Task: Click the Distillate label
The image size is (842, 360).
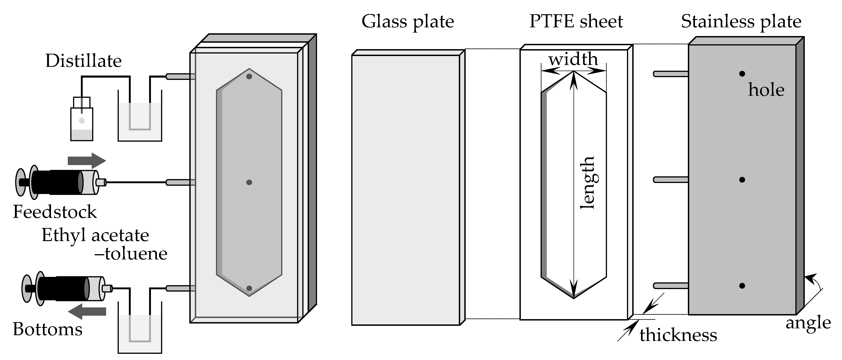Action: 83,61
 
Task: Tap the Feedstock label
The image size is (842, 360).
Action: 55,212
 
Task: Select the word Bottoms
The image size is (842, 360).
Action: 48,329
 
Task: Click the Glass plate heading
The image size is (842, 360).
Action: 408,22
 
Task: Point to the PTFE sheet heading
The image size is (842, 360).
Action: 576,22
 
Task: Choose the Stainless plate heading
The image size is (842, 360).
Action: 741,22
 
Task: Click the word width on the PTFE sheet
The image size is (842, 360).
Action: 573,59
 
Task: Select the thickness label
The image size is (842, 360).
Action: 678,335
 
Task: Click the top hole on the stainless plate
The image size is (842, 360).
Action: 742,74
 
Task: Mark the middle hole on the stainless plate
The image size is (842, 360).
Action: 742,180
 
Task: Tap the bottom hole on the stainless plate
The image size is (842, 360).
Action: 742,286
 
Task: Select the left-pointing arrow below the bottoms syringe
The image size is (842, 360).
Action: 87,311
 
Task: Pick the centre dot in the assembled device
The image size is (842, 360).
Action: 249,182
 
